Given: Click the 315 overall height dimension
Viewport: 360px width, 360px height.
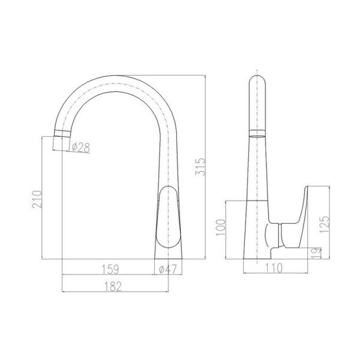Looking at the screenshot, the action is point(200,167).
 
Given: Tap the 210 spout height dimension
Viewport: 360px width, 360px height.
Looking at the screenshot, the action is point(37,199).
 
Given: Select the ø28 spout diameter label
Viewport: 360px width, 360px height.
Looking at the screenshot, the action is point(80,148).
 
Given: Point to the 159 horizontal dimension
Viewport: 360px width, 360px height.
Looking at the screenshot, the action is point(110,269).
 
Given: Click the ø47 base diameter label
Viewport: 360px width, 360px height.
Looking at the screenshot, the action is point(168,269).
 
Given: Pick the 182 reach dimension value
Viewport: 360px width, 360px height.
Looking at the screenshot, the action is point(113,286).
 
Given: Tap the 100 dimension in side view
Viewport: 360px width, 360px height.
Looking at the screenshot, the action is point(221,227).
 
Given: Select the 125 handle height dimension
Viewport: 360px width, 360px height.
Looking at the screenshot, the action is point(325,224).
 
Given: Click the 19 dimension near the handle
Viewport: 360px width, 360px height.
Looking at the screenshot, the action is point(317,253).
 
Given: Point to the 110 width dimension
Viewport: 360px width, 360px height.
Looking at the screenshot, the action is point(274,268).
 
